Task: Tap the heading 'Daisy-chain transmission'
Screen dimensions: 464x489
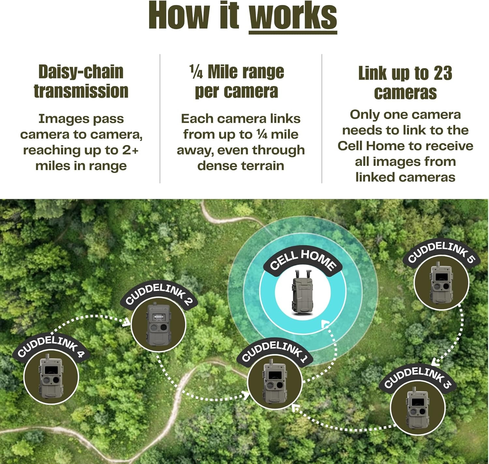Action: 81,81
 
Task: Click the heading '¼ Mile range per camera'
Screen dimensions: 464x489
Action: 237,81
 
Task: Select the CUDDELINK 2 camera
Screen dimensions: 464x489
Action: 158,324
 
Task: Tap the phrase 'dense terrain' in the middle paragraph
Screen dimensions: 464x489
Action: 241,166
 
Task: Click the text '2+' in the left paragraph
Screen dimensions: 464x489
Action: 130,150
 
